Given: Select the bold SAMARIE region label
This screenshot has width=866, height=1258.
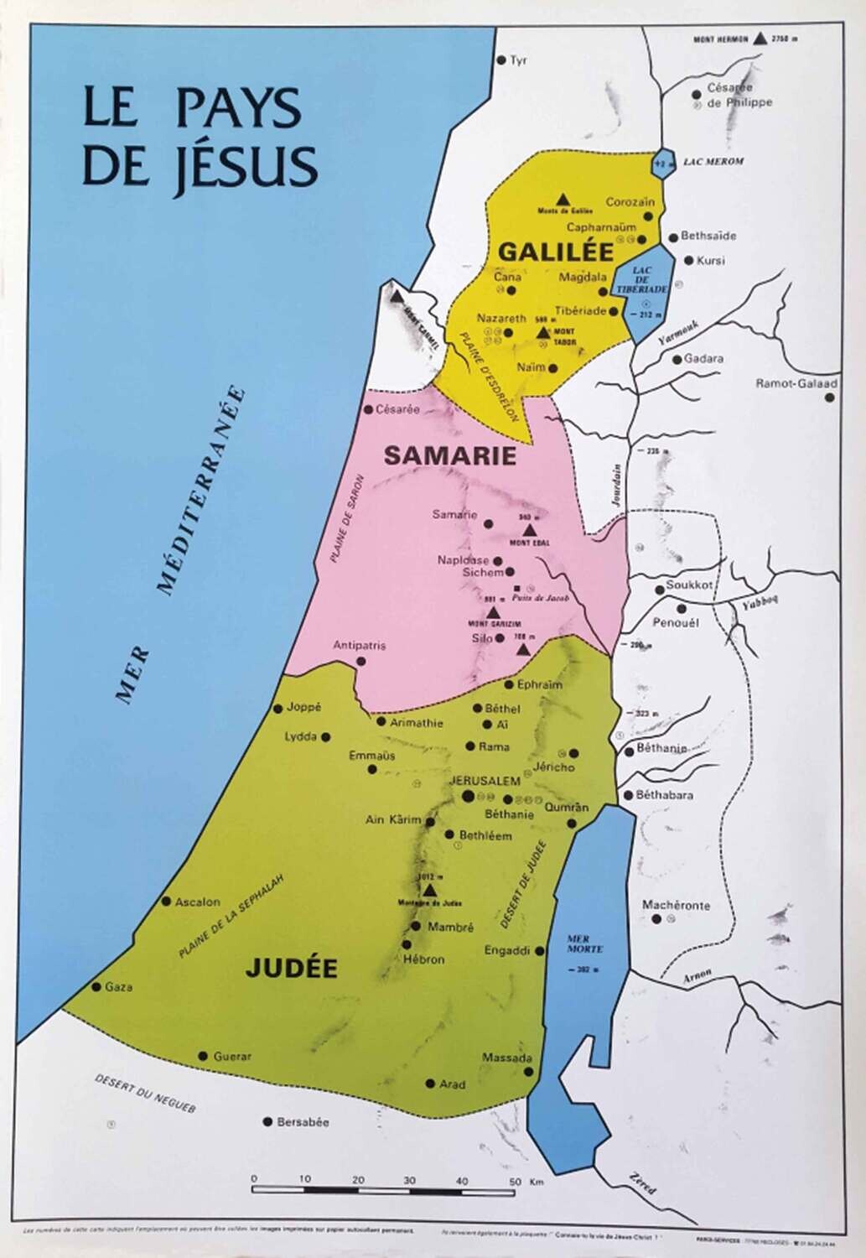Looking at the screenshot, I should (x=438, y=455).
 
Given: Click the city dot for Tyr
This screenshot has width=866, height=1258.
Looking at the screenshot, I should (x=501, y=60).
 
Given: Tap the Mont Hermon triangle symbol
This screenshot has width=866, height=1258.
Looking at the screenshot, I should (x=760, y=38).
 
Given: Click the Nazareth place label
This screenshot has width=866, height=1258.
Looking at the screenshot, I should (x=500, y=318).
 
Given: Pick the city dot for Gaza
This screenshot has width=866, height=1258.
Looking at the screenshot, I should (x=97, y=987).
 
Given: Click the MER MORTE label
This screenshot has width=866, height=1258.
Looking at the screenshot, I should (x=578, y=947).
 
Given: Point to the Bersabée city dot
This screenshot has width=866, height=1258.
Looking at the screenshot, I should (x=267, y=1121).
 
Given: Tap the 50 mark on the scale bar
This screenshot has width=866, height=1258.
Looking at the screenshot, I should (x=513, y=1181).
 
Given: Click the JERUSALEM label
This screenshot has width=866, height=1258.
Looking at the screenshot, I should (x=485, y=780).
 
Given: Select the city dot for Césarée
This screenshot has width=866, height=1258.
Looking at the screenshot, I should (x=366, y=410).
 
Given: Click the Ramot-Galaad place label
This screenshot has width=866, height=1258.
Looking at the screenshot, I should (x=796, y=383).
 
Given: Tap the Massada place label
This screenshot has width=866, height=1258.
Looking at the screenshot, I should (x=506, y=1058).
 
